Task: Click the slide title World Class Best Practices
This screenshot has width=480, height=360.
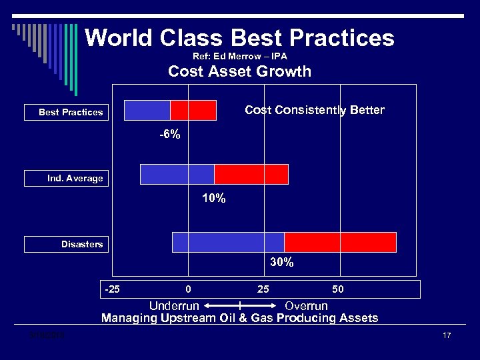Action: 239,38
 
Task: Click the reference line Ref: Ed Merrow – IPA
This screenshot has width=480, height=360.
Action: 239,57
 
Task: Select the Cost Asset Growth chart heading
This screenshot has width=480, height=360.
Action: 239,72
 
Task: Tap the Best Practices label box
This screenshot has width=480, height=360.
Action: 65,112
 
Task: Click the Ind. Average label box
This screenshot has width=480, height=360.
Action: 65,178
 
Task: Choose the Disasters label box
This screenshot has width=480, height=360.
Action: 65,244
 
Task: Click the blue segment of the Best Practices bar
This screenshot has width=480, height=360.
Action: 147,110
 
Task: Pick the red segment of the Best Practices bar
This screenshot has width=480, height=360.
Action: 193,110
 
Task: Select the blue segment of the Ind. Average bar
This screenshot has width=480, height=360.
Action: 177,174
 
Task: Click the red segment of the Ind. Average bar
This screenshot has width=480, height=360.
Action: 251,174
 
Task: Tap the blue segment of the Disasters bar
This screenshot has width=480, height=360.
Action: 228,242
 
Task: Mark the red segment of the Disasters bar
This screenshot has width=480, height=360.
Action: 340,242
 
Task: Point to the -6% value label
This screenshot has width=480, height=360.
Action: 169,135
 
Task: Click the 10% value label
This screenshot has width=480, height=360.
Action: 213,199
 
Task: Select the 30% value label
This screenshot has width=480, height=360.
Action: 281,263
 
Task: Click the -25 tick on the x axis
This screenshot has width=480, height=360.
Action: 112,289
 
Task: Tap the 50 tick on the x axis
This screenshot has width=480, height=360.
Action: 338,289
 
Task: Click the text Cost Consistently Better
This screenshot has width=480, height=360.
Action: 315,110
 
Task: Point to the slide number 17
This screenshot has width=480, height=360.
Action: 447,335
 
